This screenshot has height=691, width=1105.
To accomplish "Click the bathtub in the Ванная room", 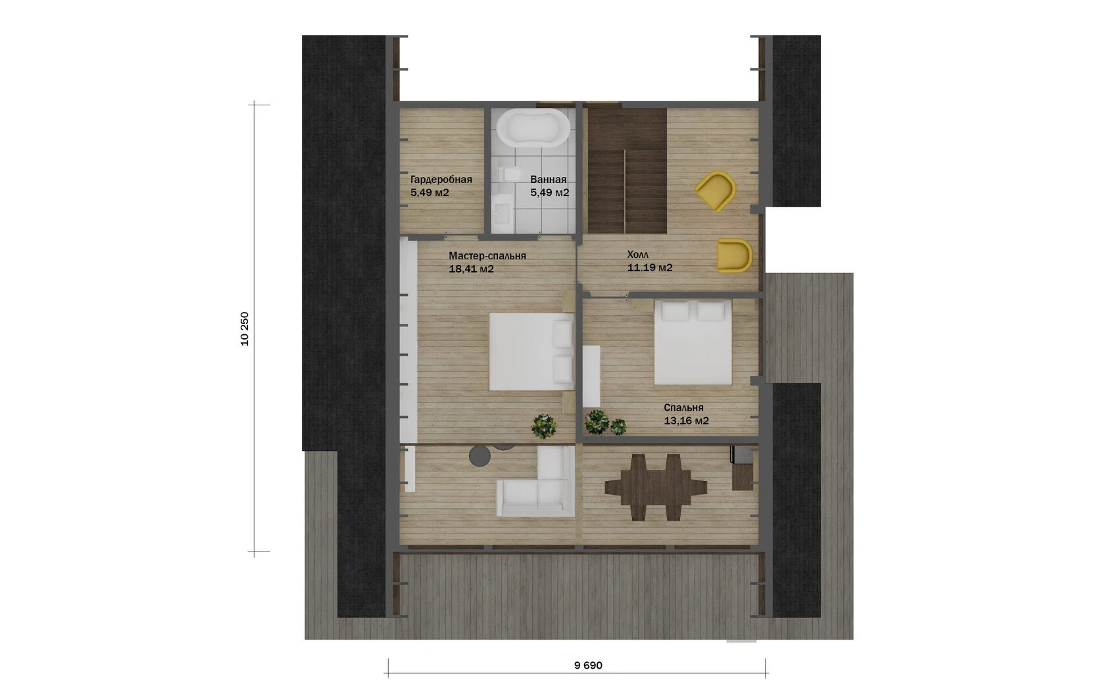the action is click(533, 128).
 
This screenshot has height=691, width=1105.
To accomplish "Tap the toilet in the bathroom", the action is click(508, 174).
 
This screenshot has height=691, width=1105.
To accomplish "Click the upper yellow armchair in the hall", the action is click(716, 191).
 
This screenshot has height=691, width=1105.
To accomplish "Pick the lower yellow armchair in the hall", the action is click(735, 255).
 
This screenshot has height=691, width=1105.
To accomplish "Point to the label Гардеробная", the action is click(441, 180).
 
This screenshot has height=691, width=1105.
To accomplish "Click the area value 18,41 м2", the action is click(471, 269).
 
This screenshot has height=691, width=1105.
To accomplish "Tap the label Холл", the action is click(638, 255).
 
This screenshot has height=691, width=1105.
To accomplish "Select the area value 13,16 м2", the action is click(686, 421).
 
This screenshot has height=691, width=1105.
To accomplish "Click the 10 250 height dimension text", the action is click(245, 329).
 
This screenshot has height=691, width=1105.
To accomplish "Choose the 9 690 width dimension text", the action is click(588, 665).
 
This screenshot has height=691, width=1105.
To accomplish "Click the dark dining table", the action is click(656, 487).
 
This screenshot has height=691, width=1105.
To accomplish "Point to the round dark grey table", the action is click(479, 456).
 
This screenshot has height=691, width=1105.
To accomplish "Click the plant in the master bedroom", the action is click(543, 426).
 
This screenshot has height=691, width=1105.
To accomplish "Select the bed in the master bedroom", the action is click(531, 351).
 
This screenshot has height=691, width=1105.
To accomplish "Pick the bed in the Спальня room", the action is click(693, 342).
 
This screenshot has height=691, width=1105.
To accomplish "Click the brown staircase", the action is click(626, 171).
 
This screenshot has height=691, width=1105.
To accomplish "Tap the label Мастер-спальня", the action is click(487, 255).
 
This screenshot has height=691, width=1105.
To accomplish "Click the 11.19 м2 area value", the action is click(650, 268).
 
